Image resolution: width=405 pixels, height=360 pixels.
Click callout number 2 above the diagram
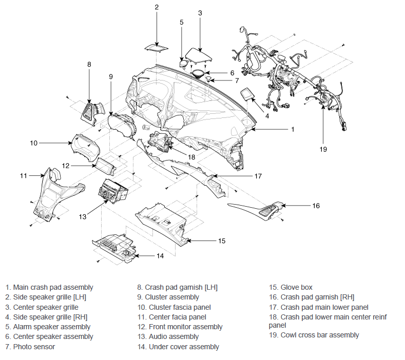coord(157,7)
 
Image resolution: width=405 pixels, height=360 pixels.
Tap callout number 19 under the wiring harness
coord(323,149)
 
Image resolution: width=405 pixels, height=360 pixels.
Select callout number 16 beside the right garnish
coord(316,206)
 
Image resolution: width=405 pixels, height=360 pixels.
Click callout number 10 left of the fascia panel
coord(34,143)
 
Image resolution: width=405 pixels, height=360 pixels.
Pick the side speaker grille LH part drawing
coord(156,48)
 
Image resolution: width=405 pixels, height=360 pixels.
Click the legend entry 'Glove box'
coord(296,288)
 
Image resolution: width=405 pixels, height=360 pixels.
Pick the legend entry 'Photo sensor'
coord(32,347)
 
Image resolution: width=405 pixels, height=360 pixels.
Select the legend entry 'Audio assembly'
coord(173,337)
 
